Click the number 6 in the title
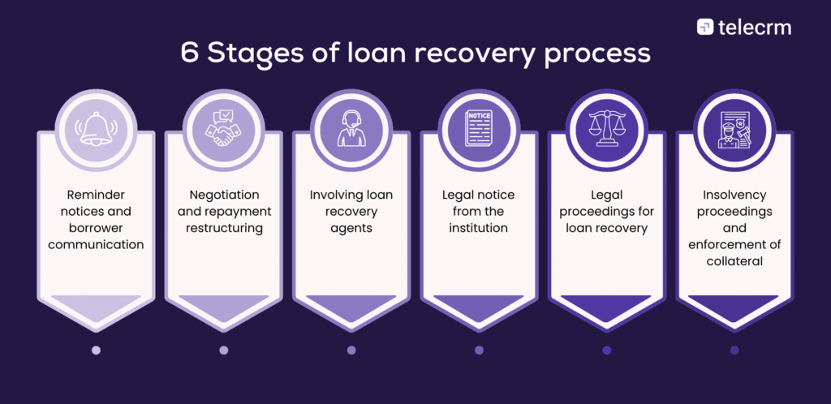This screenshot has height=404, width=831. (x=190, y=54)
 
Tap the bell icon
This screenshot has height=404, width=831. (x=96, y=128)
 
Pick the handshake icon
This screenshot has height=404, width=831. (x=223, y=128)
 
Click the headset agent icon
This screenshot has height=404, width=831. (x=351, y=128)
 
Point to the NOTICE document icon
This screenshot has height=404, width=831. (x=479, y=128)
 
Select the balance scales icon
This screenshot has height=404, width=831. (x=607, y=128)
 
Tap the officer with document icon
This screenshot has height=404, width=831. (x=734, y=128)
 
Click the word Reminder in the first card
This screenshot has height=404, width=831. (x=96, y=195)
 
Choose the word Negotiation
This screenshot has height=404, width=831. (x=223, y=195)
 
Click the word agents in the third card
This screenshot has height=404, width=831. (x=351, y=229)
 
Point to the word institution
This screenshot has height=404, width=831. (x=479, y=229)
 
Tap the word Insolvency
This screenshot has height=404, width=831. (x=734, y=195)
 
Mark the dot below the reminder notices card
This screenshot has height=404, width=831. (x=96, y=350)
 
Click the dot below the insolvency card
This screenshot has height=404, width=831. (x=734, y=350)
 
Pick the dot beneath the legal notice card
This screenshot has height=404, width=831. (x=479, y=350)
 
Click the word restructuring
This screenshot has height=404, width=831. (x=223, y=229)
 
